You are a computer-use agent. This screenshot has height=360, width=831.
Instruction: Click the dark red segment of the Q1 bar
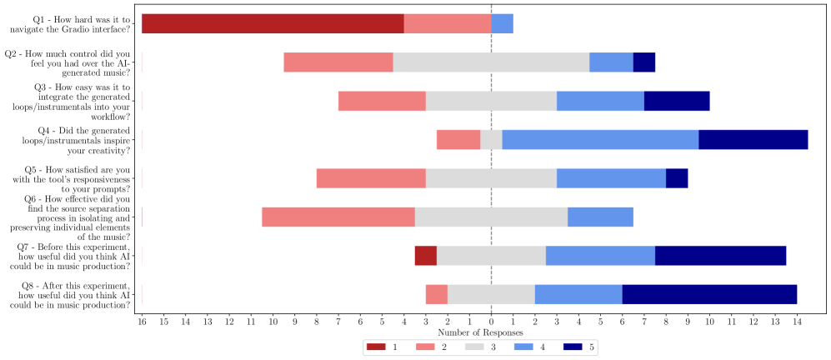pyautogui.click(x=273, y=23)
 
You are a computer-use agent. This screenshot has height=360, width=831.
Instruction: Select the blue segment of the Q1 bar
pyautogui.click(x=502, y=23)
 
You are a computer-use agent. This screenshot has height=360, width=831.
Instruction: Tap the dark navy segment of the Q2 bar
pyautogui.click(x=644, y=62)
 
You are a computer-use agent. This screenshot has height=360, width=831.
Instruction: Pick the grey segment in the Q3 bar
pyautogui.click(x=491, y=101)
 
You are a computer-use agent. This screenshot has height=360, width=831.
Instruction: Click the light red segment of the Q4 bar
pyautogui.click(x=458, y=139)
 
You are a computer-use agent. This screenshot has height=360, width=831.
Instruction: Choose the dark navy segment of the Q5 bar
pyautogui.click(x=677, y=178)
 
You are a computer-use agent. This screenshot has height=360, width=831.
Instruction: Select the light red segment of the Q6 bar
pyautogui.click(x=338, y=217)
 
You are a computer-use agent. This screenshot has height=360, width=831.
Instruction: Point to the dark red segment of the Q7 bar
pyautogui.click(x=426, y=256)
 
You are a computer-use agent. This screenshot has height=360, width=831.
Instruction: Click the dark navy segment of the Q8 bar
pyautogui.click(x=709, y=294)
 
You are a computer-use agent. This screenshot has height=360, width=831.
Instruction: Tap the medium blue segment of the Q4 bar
pyautogui.click(x=600, y=139)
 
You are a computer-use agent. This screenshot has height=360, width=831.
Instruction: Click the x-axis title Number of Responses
pyautogui.click(x=491, y=332)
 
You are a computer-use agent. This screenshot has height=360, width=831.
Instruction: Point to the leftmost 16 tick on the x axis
pyautogui.click(x=143, y=321)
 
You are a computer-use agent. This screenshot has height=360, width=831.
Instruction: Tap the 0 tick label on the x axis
pyautogui.click(x=492, y=321)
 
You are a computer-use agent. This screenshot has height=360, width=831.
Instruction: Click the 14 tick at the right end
pyautogui.click(x=797, y=321)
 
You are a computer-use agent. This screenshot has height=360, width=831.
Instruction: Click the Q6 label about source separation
pyautogui.click(x=69, y=217)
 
